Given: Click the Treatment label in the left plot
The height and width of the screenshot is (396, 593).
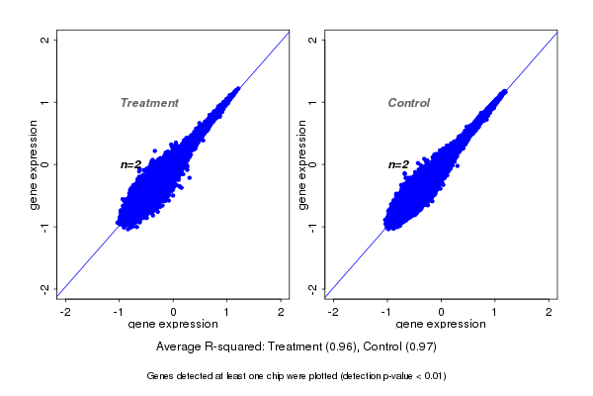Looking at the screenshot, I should (x=149, y=103).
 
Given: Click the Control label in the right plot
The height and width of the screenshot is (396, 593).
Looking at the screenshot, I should (x=408, y=103).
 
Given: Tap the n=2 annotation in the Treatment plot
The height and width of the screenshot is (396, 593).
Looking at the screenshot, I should (x=131, y=164).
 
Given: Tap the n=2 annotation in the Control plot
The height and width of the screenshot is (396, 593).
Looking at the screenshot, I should (x=398, y=164).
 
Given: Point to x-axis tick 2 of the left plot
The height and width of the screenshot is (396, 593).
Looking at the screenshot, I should (x=282, y=312).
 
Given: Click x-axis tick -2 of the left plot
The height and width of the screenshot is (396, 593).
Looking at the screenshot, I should (x=65, y=312).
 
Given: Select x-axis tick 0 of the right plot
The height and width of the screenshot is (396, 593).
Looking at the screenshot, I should (x=442, y=312).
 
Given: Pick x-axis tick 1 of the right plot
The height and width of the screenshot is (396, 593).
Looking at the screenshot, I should (x=496, y=312).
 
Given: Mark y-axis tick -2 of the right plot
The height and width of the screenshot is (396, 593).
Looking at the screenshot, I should (x=313, y=288).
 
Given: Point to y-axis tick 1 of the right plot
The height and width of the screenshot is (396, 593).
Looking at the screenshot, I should (x=313, y=102).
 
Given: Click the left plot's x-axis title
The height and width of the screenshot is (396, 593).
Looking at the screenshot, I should (x=173, y=325).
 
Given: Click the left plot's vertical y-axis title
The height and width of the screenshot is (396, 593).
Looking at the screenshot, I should (x=35, y=164).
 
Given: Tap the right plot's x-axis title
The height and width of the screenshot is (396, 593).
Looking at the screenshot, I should (x=441, y=325).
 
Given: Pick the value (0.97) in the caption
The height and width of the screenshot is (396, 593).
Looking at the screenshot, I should (x=419, y=347).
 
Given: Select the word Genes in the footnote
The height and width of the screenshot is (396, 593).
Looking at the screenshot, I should (x=160, y=376).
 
